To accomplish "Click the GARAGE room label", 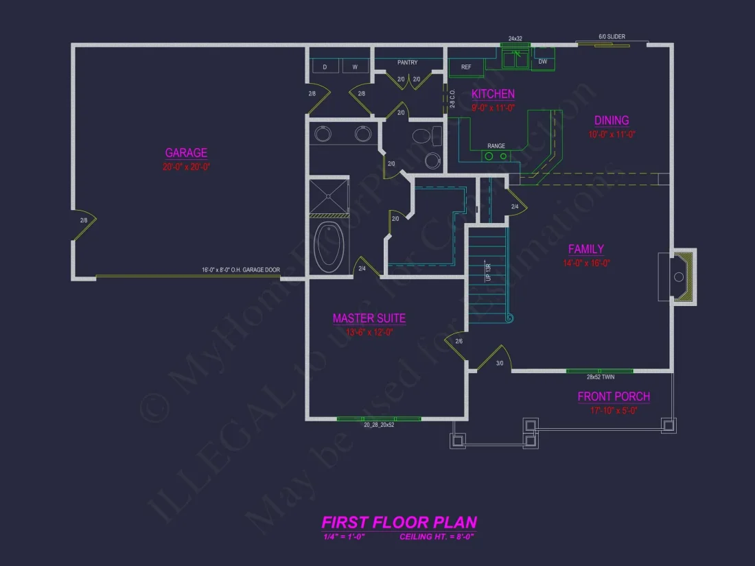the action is tap(186, 153).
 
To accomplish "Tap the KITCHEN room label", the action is tap(493, 94).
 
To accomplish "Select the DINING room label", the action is tap(612, 121).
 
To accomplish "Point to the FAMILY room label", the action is tap(585, 249).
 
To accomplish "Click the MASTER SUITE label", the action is tap(369, 318).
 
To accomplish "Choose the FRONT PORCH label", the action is tap(614, 397).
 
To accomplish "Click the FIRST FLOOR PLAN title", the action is tap(399, 522).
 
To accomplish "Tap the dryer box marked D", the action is tap(325, 67).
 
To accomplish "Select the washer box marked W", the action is tap(355, 67).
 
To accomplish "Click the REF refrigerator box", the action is tap(466, 67).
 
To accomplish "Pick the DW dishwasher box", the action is tap(543, 60).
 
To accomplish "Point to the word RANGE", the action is tap(496, 146).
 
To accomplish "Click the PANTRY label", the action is tap(408, 63).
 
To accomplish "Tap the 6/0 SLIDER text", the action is tap(612, 37).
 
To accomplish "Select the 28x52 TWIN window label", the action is tap(600, 377).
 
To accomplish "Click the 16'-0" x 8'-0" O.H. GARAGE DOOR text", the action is tap(240, 270).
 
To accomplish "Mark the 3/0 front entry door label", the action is tap(500, 364).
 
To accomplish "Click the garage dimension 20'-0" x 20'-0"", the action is tap(186, 167).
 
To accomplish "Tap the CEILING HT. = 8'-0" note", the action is tap(437, 536).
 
